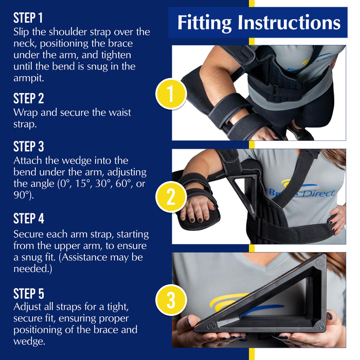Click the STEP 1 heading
(x=28, y=18)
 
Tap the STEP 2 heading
(x=28, y=99)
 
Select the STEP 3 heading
(x=28, y=147)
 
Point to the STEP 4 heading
(x=28, y=219)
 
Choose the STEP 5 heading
(x=28, y=294)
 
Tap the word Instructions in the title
(x=289, y=22)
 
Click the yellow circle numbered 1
(x=171, y=94)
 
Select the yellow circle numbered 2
(x=171, y=197)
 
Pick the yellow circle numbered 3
(x=171, y=300)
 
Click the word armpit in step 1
(x=29, y=79)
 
